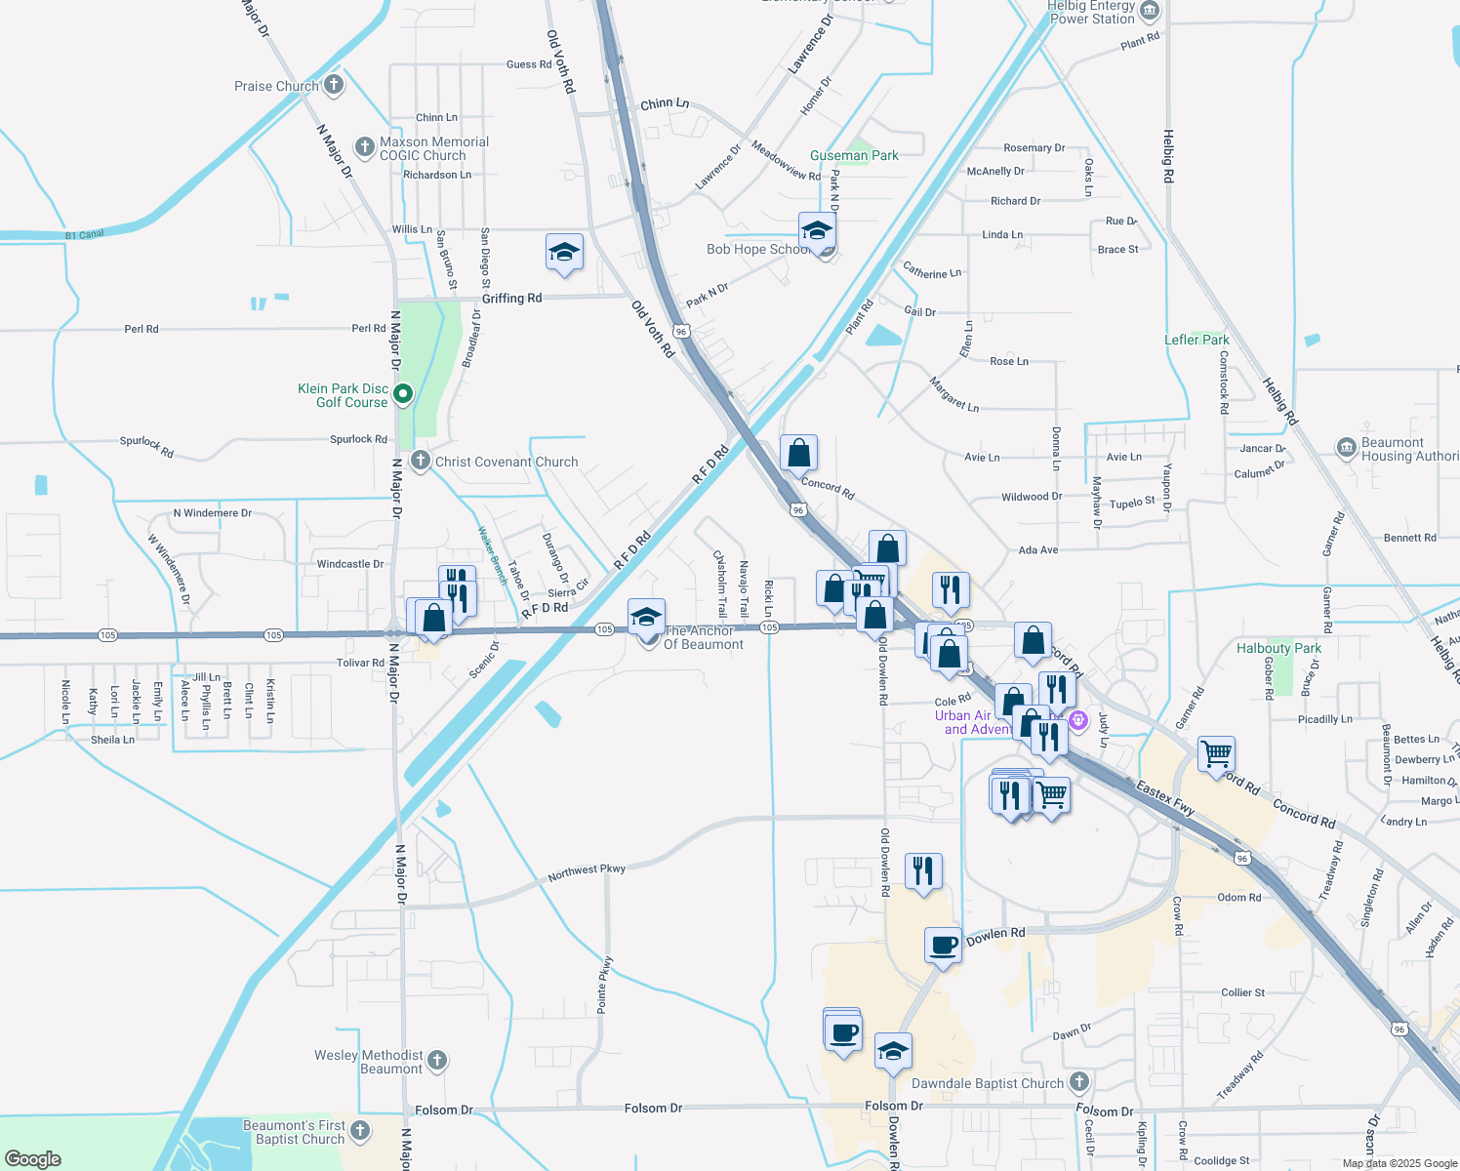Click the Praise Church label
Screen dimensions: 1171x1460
(x=276, y=86)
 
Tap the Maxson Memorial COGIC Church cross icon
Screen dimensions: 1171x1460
(x=364, y=147)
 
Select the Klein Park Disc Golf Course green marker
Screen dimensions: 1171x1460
(x=402, y=394)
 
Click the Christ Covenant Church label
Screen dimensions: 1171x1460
(x=507, y=462)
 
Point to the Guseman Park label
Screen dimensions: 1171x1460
(x=854, y=155)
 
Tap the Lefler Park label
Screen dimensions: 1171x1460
(x=1196, y=340)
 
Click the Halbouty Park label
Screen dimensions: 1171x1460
(x=1278, y=648)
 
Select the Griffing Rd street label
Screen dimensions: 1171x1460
(x=511, y=298)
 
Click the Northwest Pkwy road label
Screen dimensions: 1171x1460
(x=587, y=871)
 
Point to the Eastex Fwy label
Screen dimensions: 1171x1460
(x=1165, y=796)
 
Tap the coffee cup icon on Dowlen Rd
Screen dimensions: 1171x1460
(x=943, y=946)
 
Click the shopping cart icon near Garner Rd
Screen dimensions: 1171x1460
(x=1216, y=753)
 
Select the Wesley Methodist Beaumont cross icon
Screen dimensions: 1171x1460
(x=437, y=1060)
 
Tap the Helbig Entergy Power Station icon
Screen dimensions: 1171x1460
(x=1150, y=12)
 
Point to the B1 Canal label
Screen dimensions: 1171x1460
(x=84, y=235)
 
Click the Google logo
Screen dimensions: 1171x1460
(x=32, y=1158)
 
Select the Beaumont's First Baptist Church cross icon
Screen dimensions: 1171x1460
(x=360, y=1131)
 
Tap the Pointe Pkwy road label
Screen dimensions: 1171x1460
(x=605, y=983)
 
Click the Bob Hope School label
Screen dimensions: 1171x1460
(x=757, y=249)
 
